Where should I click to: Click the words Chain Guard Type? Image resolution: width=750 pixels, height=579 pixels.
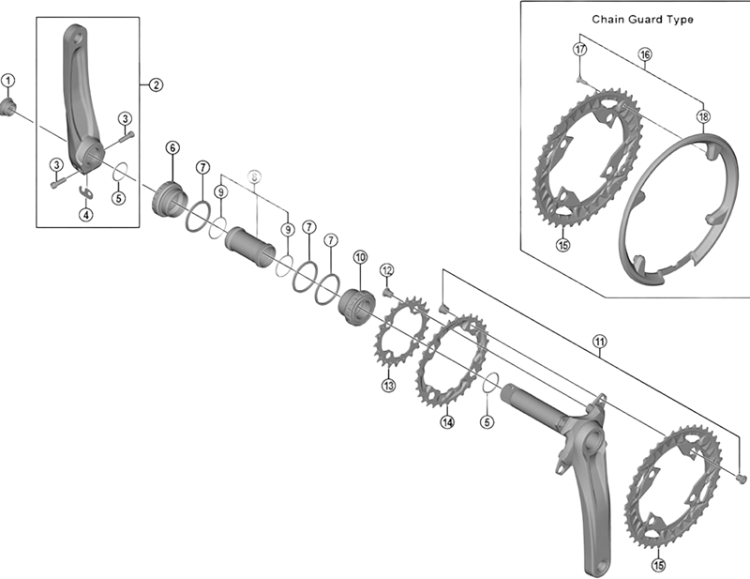point(642,19)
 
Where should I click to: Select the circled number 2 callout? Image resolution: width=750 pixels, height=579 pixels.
point(156,84)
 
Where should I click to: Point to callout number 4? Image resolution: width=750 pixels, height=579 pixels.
point(85,214)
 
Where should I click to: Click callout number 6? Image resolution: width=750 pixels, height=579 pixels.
point(172,147)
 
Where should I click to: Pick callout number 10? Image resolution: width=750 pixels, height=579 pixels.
point(359,257)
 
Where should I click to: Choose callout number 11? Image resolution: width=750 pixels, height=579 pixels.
point(599,342)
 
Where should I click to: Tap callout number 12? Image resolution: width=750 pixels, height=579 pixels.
point(386,270)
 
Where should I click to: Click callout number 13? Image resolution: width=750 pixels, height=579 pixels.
point(388,385)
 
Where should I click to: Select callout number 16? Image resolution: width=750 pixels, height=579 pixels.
point(645,54)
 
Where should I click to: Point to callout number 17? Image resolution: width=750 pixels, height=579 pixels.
point(580,48)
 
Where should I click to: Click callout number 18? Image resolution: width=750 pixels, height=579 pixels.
point(703,116)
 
